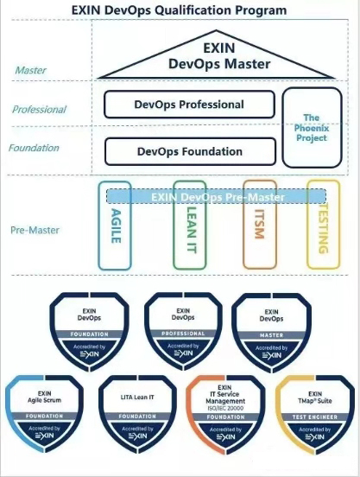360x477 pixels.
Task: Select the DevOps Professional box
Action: pos(190,105)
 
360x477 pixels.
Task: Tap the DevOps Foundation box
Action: pos(190,151)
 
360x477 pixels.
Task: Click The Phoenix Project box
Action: pos(312,127)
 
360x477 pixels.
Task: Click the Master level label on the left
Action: pos(31,70)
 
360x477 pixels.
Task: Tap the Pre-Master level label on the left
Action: pos(35,231)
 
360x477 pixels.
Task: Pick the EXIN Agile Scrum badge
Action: pos(44,412)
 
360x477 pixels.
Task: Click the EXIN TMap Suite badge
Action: pos(315,412)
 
